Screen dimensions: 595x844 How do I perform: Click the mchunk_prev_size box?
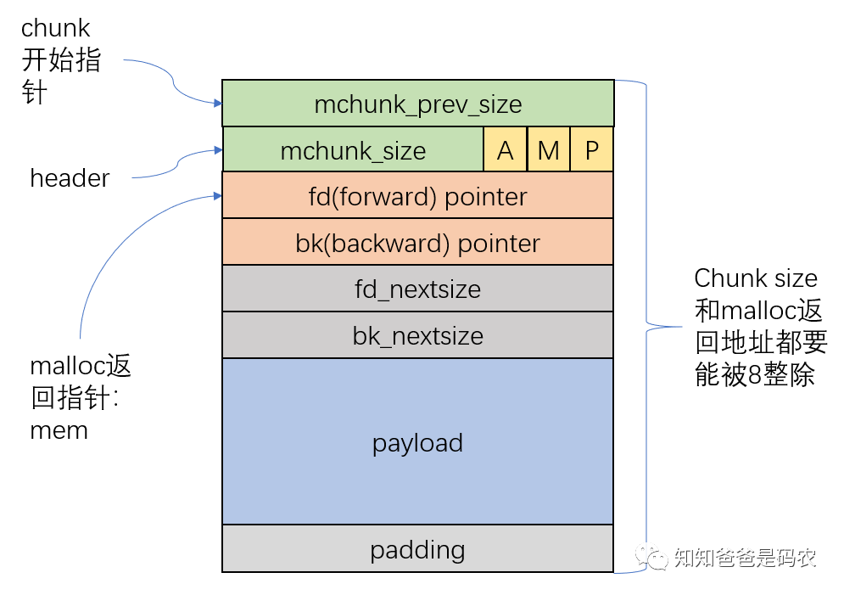(x=417, y=104)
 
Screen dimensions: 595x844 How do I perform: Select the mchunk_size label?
(x=353, y=150)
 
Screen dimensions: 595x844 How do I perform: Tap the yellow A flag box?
(x=505, y=150)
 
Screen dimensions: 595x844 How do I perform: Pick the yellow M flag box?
(x=548, y=150)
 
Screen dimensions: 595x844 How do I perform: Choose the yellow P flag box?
(x=591, y=150)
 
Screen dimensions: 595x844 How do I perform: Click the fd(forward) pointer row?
(x=417, y=196)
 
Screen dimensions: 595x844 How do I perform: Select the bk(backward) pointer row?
(x=417, y=243)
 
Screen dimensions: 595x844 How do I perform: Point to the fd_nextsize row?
(x=417, y=289)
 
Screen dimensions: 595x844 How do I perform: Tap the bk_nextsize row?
(x=417, y=335)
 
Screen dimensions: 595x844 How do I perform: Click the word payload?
(x=417, y=442)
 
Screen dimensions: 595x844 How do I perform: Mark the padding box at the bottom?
(x=417, y=549)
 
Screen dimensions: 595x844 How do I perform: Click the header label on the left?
(x=70, y=178)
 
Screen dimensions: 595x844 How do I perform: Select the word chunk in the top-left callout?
(x=55, y=28)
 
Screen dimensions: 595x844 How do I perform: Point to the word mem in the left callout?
(x=59, y=429)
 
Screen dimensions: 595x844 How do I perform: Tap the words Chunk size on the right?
(x=756, y=278)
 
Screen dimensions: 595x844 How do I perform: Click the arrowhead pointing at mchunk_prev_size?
(x=216, y=103)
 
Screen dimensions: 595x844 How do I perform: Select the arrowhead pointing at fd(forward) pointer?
(x=216, y=197)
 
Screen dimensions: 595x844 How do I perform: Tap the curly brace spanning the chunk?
(x=646, y=324)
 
